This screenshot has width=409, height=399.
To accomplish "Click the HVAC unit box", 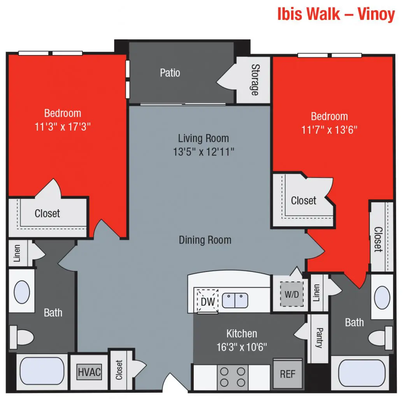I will [x=89, y=372].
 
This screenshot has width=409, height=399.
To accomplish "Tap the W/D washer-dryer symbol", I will [x=291, y=294].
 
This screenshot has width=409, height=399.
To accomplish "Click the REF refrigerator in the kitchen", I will [x=288, y=374].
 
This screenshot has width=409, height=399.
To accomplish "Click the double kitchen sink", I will [x=235, y=300].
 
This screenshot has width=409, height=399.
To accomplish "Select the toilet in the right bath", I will [x=380, y=336].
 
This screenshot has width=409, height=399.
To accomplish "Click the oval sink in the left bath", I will [x=22, y=291].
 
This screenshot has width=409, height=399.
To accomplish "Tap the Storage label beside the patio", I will [x=255, y=80].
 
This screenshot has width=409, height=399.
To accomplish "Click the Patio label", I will [x=170, y=73].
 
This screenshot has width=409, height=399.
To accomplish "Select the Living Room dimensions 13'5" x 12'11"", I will [x=204, y=152].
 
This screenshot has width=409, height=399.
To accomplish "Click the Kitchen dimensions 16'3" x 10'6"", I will [x=242, y=347].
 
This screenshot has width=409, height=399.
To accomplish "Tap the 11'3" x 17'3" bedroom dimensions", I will [x=63, y=126].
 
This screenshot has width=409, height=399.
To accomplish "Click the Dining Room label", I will [x=205, y=240].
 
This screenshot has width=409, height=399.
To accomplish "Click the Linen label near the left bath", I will [x=17, y=253].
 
